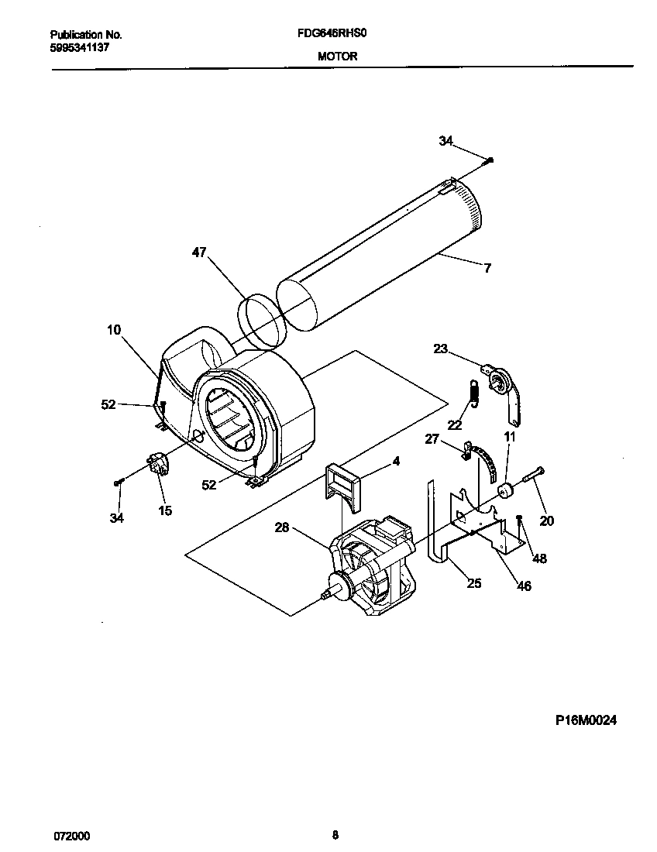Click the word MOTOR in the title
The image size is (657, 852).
(x=337, y=57)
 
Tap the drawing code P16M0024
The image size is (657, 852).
(x=586, y=720)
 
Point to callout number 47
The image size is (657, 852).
(x=199, y=252)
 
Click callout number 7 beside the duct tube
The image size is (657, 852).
(x=487, y=269)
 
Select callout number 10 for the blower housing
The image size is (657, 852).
(x=114, y=330)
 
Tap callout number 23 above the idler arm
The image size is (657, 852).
(x=440, y=349)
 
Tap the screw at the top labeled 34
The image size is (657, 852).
(x=490, y=160)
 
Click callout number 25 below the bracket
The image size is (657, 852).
(x=473, y=582)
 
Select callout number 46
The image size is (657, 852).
(x=524, y=586)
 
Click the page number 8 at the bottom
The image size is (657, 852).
(x=335, y=835)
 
